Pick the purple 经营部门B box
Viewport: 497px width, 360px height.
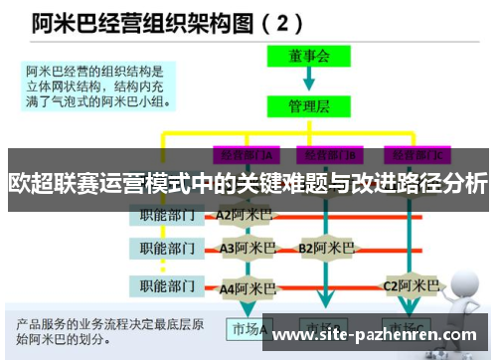click(x=331, y=154)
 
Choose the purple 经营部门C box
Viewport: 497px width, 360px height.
click(x=418, y=154)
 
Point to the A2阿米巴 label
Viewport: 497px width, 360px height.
click(x=244, y=214)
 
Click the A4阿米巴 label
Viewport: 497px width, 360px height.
click(x=247, y=288)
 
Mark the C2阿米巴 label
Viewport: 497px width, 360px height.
click(x=412, y=285)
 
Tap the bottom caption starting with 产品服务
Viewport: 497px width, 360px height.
click(x=109, y=329)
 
